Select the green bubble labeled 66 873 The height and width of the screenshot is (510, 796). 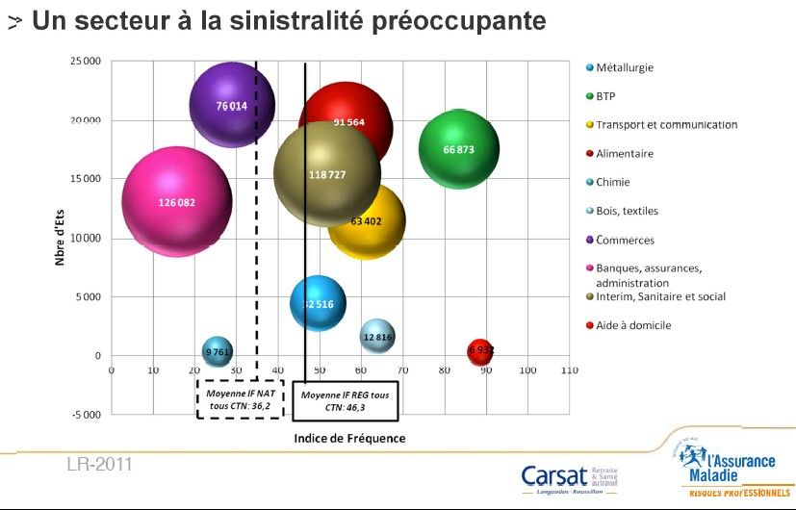point(458,149)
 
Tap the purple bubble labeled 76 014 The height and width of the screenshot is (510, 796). point(232,105)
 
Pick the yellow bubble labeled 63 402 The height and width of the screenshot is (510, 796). point(367,222)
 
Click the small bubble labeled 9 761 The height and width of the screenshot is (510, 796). point(218,352)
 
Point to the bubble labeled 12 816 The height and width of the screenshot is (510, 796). point(377,337)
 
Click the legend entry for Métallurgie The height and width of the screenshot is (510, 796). point(625,67)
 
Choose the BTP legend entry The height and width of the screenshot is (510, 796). point(605,96)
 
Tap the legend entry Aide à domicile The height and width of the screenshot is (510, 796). point(633,325)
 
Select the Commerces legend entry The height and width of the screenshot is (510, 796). point(625,240)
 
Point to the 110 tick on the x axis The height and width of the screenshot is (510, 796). point(569,370)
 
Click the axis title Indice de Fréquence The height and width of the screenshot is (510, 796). point(349,438)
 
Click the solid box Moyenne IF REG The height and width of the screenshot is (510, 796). point(346,400)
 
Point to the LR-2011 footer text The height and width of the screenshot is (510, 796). point(99,466)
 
